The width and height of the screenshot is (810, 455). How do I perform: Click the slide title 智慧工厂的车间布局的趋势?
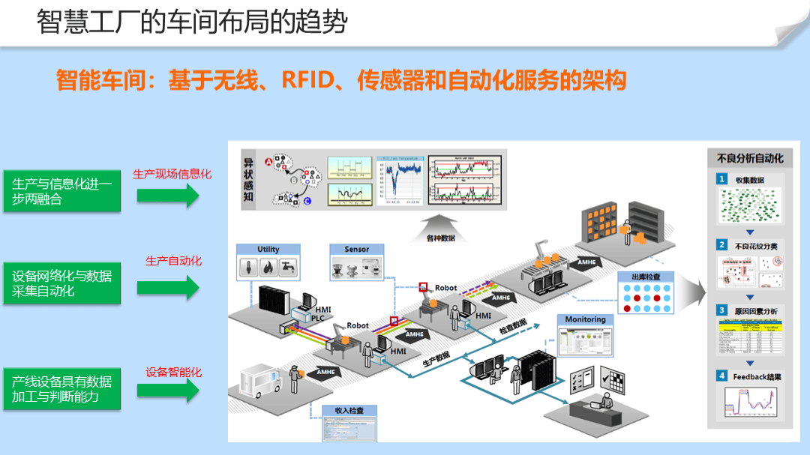192,22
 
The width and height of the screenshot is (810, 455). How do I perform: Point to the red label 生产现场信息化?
172,174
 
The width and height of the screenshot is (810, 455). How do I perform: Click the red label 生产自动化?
174,261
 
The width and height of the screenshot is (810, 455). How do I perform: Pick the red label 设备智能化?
174,372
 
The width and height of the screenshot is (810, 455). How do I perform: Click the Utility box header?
268,250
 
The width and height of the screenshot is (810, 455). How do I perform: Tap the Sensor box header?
357,250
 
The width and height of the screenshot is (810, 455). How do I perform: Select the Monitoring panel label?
585,319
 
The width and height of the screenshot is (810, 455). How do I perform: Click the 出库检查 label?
646,277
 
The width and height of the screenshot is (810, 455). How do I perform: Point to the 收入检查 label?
349,411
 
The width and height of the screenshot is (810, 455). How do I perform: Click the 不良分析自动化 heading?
750,158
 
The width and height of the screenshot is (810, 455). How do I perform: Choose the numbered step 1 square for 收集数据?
721,179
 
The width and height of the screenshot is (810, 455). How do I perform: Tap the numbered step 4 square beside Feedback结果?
721,376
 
